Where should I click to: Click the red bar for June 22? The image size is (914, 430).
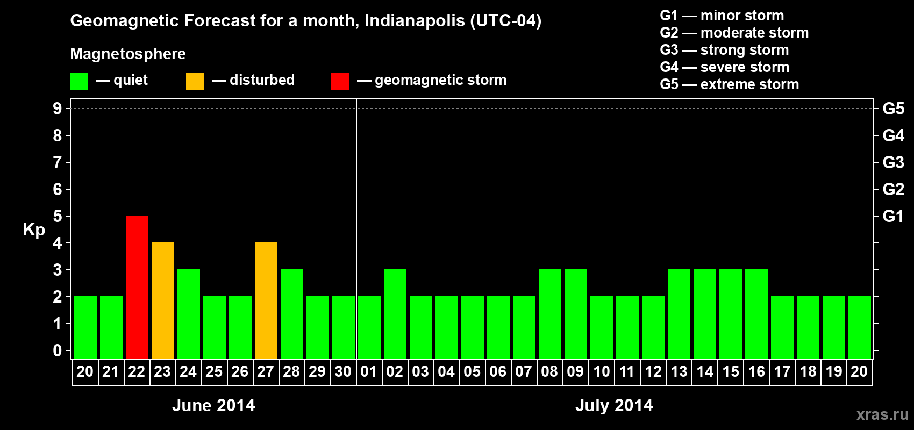pyautogui.click(x=137, y=288)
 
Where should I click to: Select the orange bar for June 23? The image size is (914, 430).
pyautogui.click(x=163, y=301)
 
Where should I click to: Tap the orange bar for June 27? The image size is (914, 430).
pyautogui.click(x=266, y=301)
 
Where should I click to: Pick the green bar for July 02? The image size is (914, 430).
pyautogui.click(x=395, y=314)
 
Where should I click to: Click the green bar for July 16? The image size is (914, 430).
pyautogui.click(x=756, y=314)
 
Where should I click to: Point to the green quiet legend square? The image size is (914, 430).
pyautogui.click(x=79, y=81)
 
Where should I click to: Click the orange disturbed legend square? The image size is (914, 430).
pyautogui.click(x=195, y=81)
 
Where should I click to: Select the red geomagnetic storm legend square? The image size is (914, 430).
pyautogui.click(x=340, y=81)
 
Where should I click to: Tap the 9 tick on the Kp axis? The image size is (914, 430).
pyautogui.click(x=58, y=109)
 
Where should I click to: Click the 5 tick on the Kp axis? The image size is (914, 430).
pyautogui.click(x=58, y=216)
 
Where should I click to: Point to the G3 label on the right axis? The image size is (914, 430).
pyautogui.click(x=893, y=162)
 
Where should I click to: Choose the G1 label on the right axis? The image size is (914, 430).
pyautogui.click(x=893, y=216)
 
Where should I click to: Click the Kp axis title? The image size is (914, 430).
pyautogui.click(x=34, y=230)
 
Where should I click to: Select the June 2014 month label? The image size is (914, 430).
pyautogui.click(x=213, y=405)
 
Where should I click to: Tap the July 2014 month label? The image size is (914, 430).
pyautogui.click(x=614, y=405)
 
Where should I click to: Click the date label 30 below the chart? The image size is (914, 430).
pyautogui.click(x=343, y=372)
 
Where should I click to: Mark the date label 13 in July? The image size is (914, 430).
pyautogui.click(x=679, y=372)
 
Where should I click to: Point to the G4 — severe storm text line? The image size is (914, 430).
pyautogui.click(x=724, y=67)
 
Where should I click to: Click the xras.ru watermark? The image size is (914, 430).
pyautogui.click(x=882, y=414)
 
